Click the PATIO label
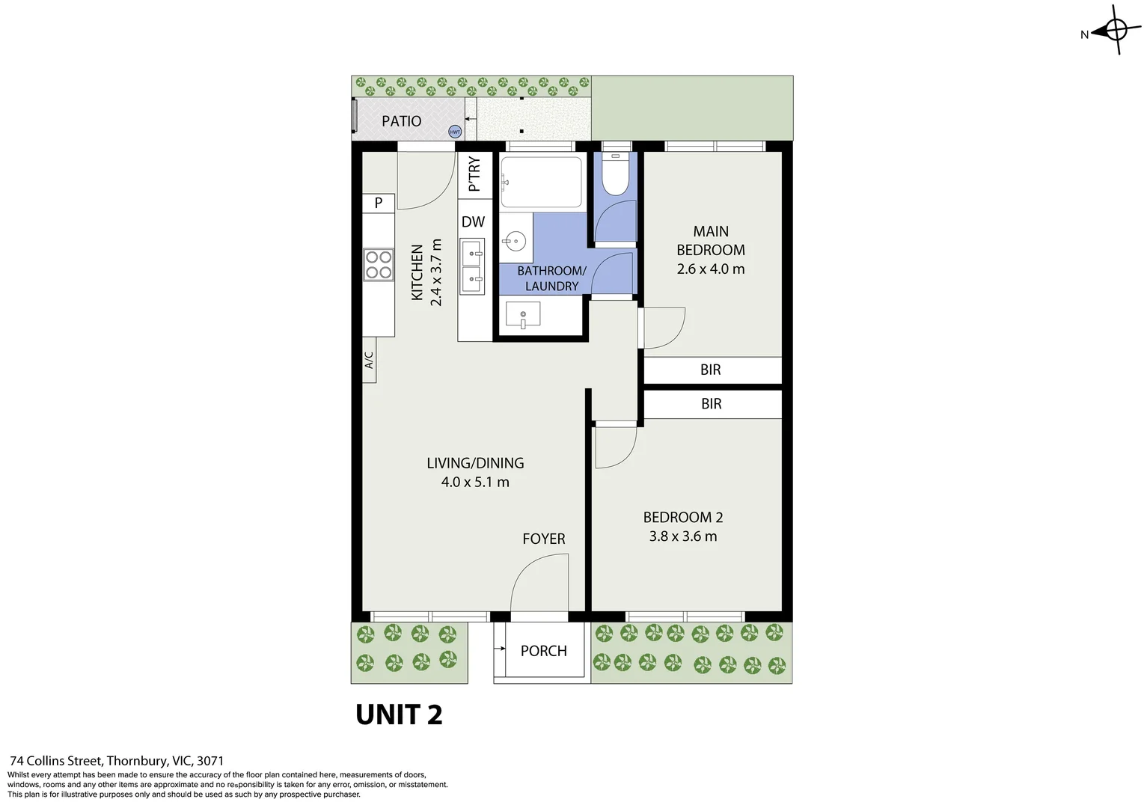(401, 121)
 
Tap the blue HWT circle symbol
(455, 132)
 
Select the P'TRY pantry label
(474, 174)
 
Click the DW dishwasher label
(473, 222)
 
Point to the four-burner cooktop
(379, 265)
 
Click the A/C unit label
(369, 361)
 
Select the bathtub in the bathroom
(541, 182)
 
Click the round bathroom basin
(515, 241)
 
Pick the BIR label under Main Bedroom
(711, 370)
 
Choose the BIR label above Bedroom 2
(712, 404)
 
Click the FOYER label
(544, 539)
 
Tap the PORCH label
(544, 651)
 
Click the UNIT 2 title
(399, 715)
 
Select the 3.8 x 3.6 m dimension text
(683, 536)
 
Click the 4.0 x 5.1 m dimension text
(475, 483)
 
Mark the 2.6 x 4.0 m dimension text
(711, 269)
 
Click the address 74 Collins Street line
(117, 761)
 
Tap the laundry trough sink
(523, 316)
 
